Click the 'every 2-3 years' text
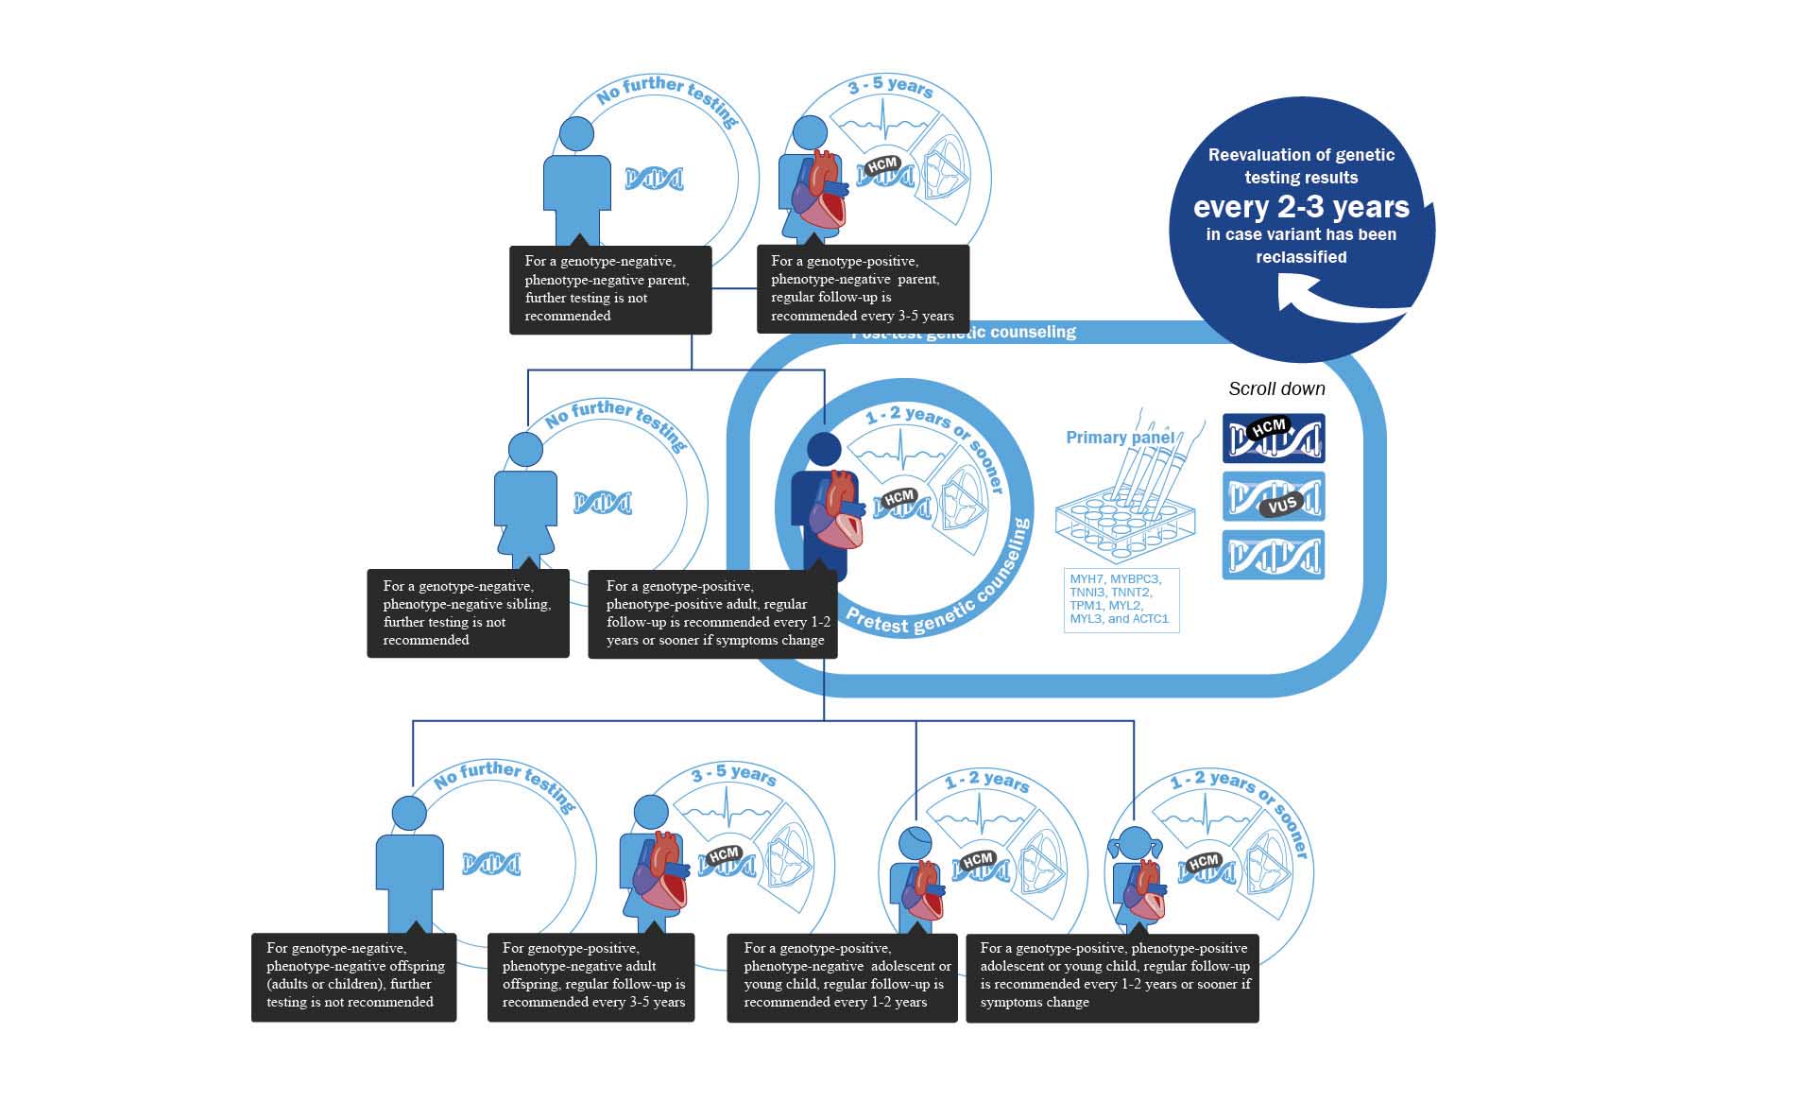click(1301, 207)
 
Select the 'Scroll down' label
click(1276, 388)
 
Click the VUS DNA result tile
click(1274, 497)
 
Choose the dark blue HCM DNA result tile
click(1274, 439)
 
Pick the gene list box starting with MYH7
click(1121, 599)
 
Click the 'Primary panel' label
click(1120, 438)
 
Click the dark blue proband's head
click(825, 450)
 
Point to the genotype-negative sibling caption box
click(468, 612)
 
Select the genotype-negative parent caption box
click(610, 288)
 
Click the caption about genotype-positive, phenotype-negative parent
click(863, 288)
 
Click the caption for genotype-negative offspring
click(353, 976)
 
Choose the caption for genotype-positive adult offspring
click(591, 976)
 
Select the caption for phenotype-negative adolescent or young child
click(842, 976)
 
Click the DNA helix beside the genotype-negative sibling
click(602, 503)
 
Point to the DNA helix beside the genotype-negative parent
click(654, 178)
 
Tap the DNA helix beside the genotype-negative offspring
click(490, 863)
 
